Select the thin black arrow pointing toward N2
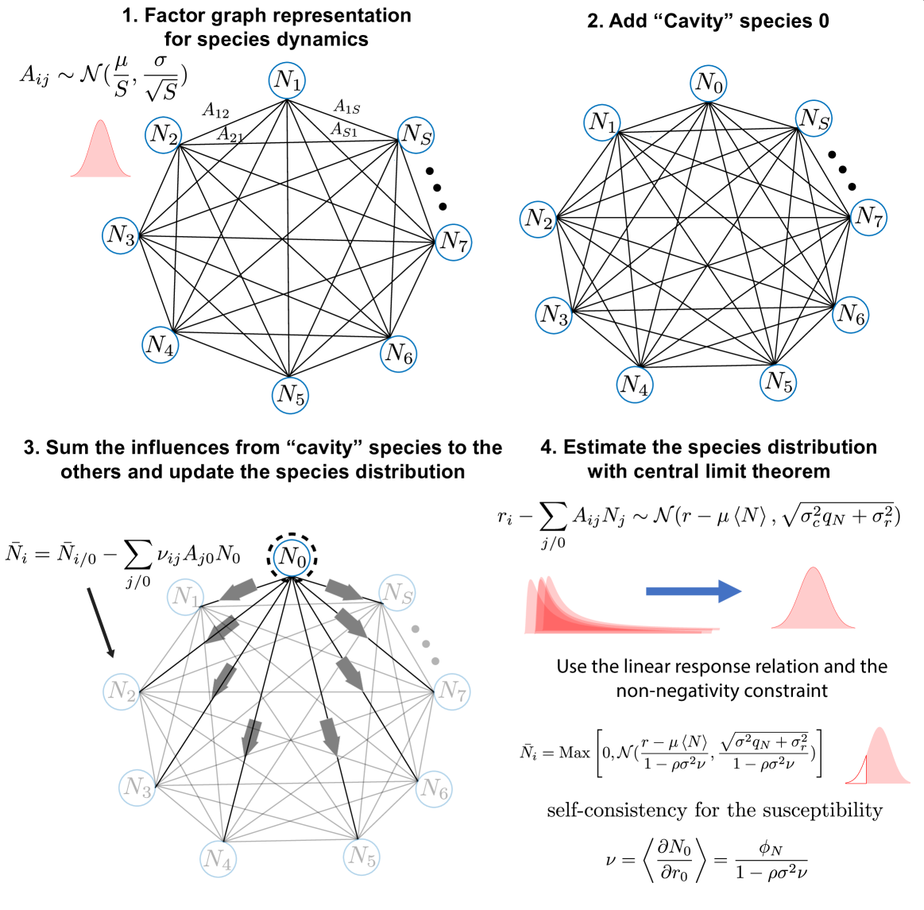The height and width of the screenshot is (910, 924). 101,622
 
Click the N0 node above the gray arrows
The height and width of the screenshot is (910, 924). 292,557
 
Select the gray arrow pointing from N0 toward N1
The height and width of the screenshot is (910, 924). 238,590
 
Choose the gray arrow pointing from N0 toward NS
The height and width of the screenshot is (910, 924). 344,590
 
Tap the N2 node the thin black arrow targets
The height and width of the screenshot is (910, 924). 121,691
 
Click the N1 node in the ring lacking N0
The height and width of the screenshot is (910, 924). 288,80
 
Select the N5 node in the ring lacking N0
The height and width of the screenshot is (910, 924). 290,396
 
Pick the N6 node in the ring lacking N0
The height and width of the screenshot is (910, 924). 398,354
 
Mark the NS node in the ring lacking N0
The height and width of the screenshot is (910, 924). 416,135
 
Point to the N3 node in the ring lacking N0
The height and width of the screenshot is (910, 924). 120,236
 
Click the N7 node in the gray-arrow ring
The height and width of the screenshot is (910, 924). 452,691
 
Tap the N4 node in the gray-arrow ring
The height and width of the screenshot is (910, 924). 218,858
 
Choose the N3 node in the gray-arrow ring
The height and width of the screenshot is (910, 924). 137,788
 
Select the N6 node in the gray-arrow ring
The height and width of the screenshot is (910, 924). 434,788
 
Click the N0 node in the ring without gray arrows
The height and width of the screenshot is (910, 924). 708,83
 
